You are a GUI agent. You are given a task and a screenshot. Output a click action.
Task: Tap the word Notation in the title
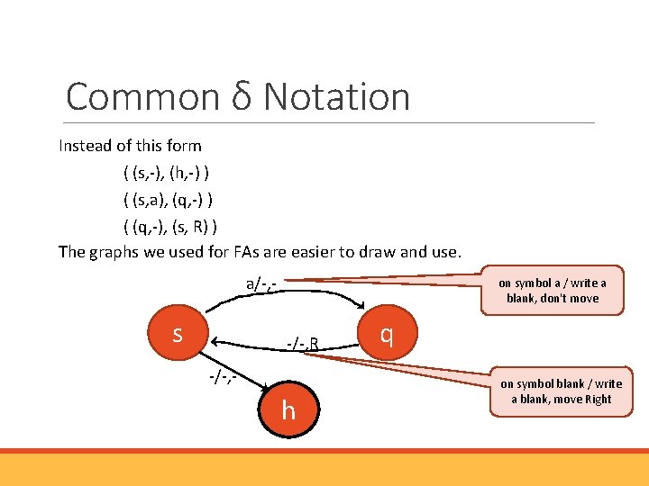coord(337,97)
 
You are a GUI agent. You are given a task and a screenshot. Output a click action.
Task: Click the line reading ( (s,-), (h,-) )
coord(168,172)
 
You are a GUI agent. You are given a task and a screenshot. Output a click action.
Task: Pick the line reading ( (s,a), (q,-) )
coord(169,198)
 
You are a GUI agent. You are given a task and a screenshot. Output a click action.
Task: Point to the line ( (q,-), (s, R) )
coord(170,225)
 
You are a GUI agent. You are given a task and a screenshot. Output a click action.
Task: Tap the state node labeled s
coord(178,334)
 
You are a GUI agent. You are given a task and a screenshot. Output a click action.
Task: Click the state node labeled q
coord(386,334)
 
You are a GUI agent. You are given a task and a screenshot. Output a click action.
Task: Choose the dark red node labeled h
coord(288,411)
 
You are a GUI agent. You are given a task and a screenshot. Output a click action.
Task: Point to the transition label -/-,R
coord(303,343)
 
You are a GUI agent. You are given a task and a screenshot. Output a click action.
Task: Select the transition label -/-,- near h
coord(222,376)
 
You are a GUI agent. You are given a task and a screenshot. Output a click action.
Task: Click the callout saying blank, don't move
coord(553,291)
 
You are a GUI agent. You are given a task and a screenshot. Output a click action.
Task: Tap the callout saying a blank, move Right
coord(561,391)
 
